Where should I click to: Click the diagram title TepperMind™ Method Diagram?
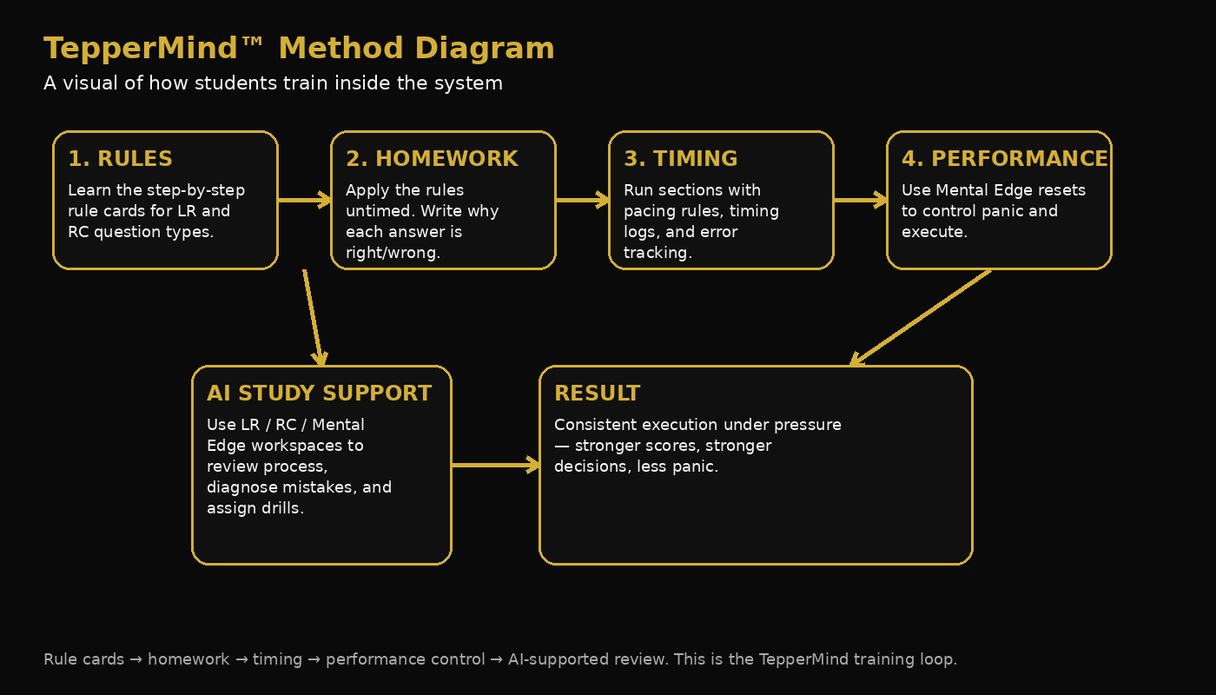(299, 49)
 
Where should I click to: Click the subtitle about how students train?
(273, 83)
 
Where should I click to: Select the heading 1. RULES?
(120, 159)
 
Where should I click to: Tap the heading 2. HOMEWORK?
(432, 159)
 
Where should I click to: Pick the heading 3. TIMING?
(680, 159)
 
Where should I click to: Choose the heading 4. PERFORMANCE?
(1004, 159)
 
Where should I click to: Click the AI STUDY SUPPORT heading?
(319, 394)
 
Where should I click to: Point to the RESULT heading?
(597, 394)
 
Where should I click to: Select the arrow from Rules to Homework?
(304, 201)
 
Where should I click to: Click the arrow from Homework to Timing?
(582, 201)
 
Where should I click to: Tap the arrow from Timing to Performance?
(860, 201)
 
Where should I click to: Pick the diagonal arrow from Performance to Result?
(921, 317)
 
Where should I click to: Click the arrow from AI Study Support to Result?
(495, 466)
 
